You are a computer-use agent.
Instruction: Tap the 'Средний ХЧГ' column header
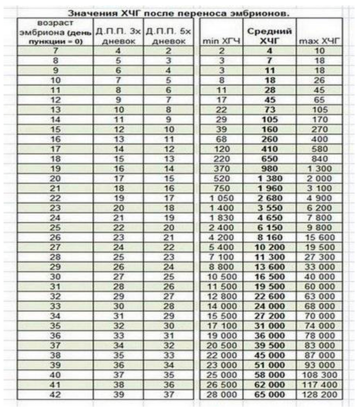click(x=263, y=36)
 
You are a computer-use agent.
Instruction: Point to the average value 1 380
click(x=263, y=178)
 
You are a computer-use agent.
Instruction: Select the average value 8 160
click(x=263, y=237)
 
